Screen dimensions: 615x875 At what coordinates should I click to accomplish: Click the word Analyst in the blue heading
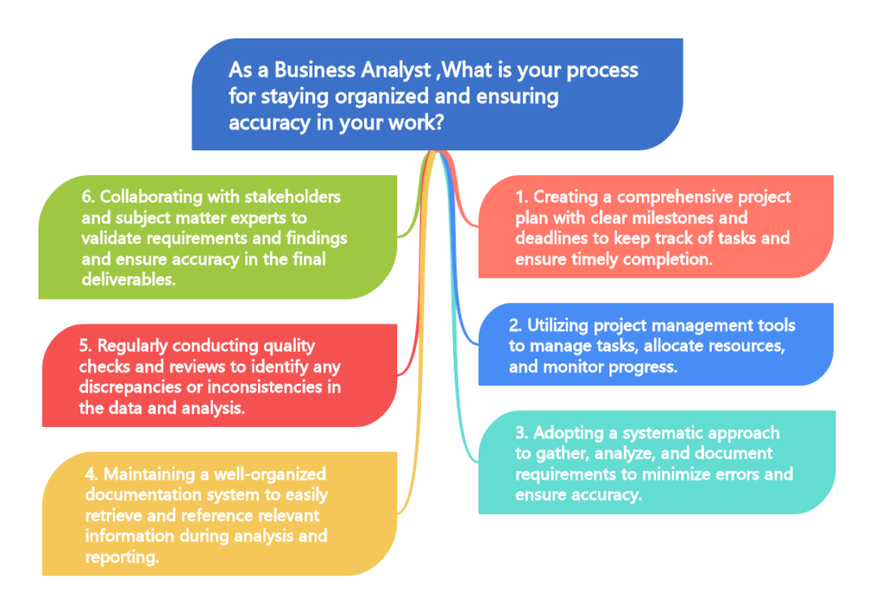point(385,69)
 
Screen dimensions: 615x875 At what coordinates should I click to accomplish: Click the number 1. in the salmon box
point(522,196)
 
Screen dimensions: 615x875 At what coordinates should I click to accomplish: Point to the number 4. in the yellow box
point(92,473)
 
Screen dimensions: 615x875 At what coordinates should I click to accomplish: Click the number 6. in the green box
point(87,196)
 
